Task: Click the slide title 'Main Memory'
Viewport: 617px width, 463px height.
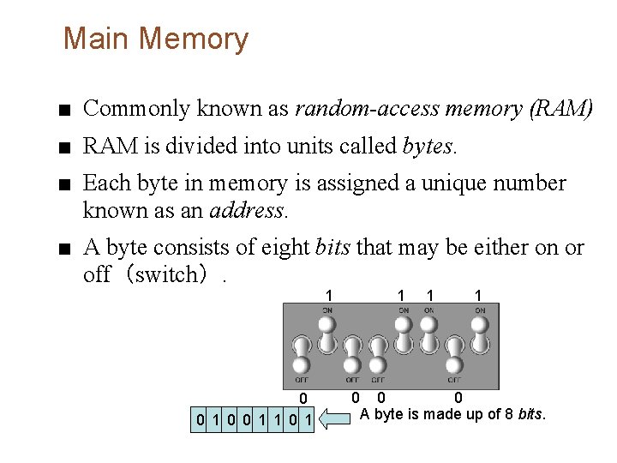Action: coord(155,39)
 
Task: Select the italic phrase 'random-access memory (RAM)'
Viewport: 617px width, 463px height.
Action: coord(443,109)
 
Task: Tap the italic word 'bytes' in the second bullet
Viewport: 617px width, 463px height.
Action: coord(428,147)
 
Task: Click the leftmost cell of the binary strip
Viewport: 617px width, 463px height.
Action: coord(200,420)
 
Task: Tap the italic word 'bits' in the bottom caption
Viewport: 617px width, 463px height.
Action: coord(531,415)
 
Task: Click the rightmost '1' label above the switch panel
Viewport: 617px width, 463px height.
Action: coord(478,295)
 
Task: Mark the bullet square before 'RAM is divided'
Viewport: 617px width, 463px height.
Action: coord(67,148)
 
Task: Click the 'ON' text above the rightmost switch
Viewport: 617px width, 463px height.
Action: coord(480,310)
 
